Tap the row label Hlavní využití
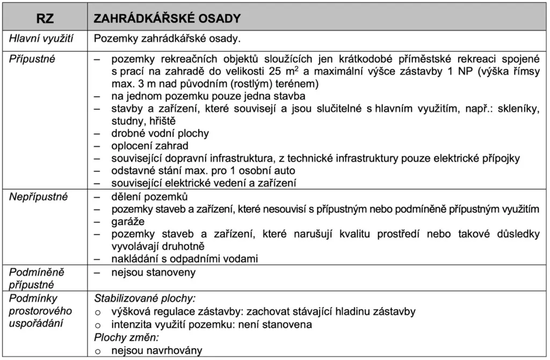click(x=41, y=39)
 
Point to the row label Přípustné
click(x=32, y=59)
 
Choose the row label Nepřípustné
click(x=39, y=197)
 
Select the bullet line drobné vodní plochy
click(x=160, y=133)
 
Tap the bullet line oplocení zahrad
click(x=150, y=146)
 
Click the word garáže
click(x=128, y=221)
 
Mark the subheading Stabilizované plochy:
click(x=145, y=298)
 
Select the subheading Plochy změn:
click(x=127, y=338)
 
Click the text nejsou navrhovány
click(x=157, y=350)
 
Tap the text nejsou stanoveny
click(x=154, y=272)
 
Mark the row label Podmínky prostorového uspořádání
click(x=36, y=311)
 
